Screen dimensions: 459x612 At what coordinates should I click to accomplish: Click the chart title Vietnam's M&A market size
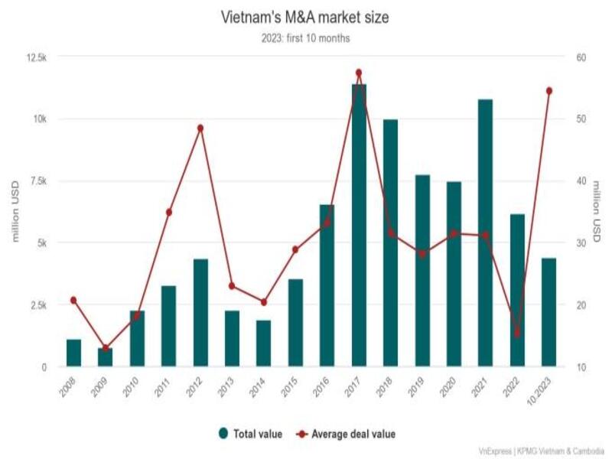pos(306,17)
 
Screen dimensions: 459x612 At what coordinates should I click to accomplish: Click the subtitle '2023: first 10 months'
pos(306,38)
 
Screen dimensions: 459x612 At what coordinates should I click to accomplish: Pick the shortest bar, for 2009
pos(105,357)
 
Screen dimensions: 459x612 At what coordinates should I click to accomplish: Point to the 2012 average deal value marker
pos(200,128)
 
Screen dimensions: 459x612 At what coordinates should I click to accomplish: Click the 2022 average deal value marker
pos(517,334)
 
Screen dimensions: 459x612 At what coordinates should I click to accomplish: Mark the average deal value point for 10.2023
pos(549,91)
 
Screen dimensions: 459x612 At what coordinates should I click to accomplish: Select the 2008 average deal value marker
pos(73,300)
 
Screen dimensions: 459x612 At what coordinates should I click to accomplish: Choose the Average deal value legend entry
pos(348,434)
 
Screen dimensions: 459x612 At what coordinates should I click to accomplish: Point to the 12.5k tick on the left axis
pos(34,57)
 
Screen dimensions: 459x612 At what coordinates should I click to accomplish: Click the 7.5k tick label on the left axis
pos(36,181)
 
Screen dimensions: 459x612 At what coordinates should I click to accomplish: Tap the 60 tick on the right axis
pos(581,57)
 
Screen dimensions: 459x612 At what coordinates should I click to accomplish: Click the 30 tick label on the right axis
pos(581,243)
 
